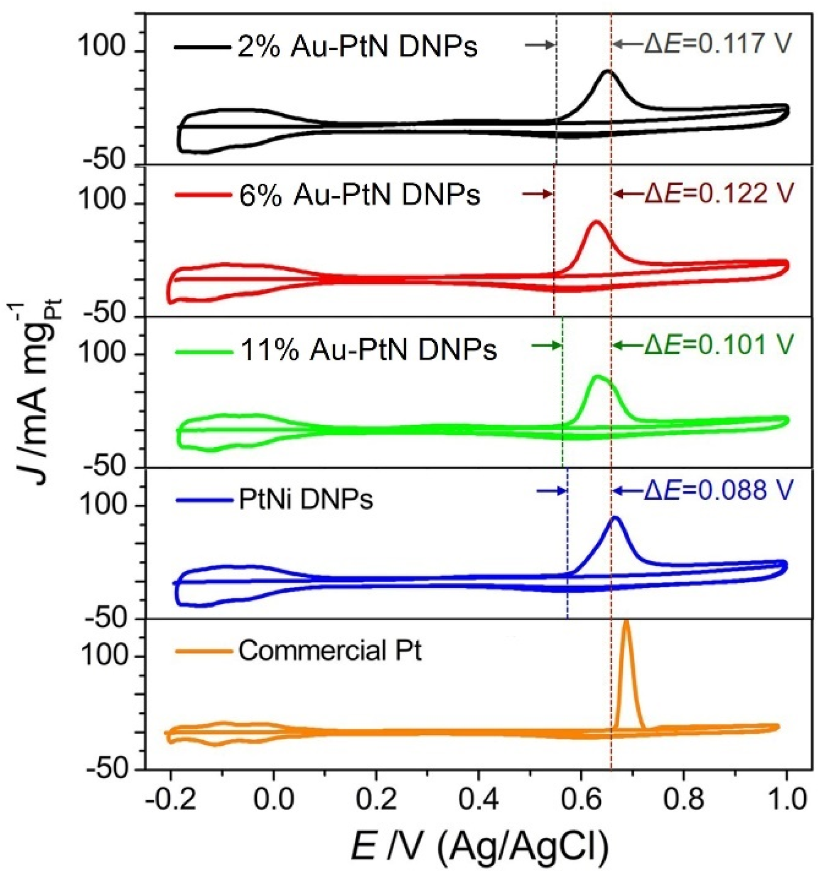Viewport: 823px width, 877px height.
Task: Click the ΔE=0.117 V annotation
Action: click(x=717, y=44)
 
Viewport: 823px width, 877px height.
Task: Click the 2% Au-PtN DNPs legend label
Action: click(x=357, y=46)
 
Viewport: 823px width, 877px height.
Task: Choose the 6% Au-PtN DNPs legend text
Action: click(x=359, y=195)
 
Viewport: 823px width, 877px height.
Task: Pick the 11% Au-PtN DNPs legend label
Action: click(x=368, y=350)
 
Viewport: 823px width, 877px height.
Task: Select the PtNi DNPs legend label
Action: click(x=306, y=499)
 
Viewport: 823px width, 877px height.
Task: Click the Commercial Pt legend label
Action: click(x=330, y=650)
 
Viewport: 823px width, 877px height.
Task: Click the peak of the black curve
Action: click(x=608, y=71)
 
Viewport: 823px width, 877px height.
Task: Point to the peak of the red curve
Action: click(x=597, y=222)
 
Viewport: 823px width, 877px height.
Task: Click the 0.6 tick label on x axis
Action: click(x=581, y=800)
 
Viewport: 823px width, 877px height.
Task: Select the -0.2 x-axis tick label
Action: click(x=171, y=800)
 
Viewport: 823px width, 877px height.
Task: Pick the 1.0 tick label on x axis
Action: click(x=786, y=800)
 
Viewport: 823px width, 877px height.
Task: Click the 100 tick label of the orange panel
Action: click(x=106, y=657)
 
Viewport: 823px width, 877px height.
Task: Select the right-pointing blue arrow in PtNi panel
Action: click(x=551, y=491)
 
